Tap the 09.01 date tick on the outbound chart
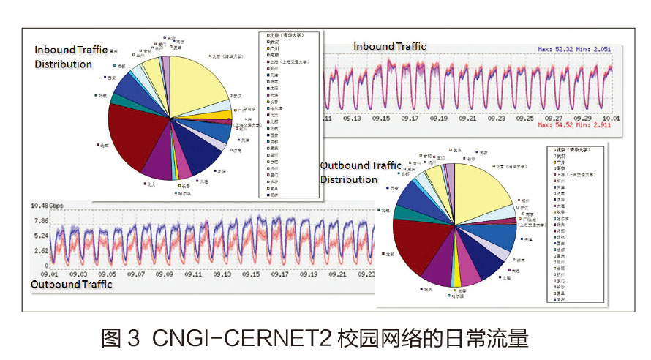tap(50, 274)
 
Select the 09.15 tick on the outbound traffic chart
tap(251, 274)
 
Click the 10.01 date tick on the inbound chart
tap(612, 117)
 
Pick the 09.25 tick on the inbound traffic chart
tap(524, 117)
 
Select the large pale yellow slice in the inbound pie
tap(197, 84)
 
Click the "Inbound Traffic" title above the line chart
tap(389, 46)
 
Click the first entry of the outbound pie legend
tap(574, 149)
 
